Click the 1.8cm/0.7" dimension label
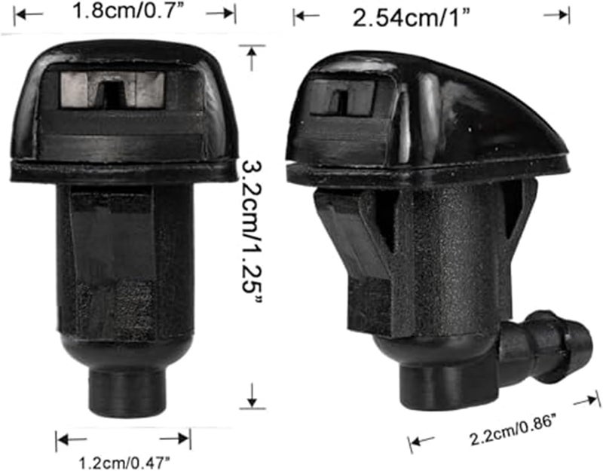point(124,11)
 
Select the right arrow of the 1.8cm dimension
point(222,12)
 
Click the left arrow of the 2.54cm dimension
point(306,14)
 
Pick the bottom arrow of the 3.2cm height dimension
point(253,396)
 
